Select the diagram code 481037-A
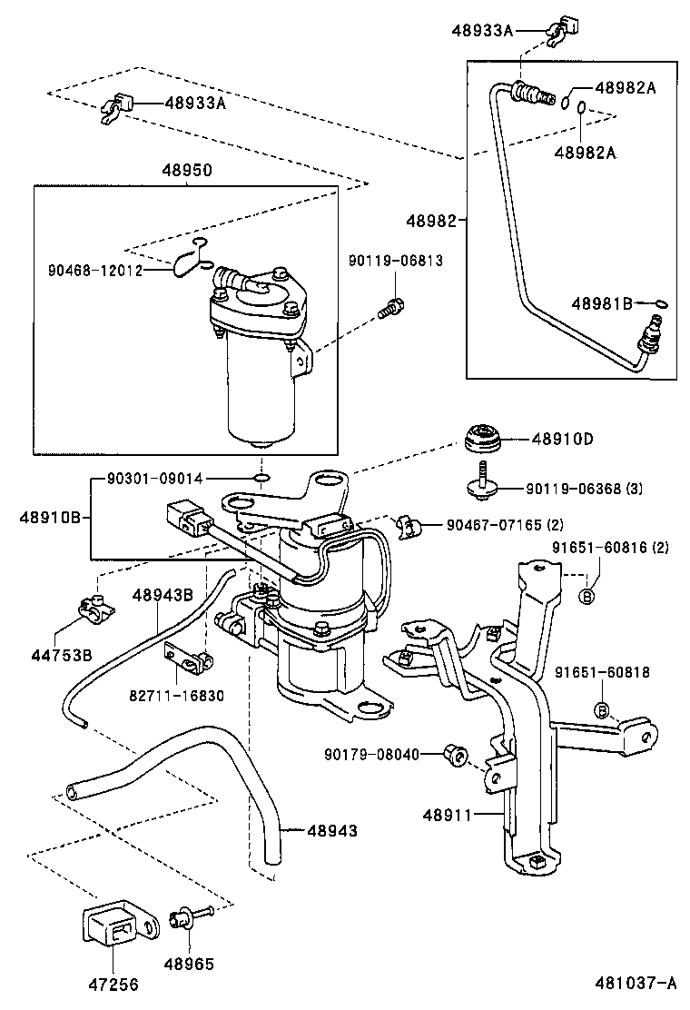coord(636,983)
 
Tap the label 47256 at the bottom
coord(113,983)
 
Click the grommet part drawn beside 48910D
coord(486,441)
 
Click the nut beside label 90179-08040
coord(458,754)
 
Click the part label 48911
coord(447,815)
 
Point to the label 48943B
coord(163,595)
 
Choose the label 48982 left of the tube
coord(434,221)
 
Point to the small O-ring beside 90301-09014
coord(261,478)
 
